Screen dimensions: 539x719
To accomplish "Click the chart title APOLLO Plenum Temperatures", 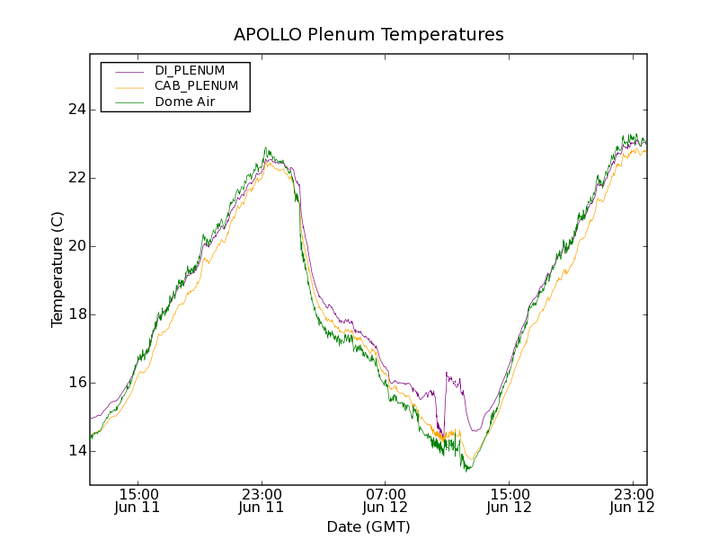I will (368, 35).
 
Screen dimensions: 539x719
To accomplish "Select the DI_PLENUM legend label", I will (190, 70).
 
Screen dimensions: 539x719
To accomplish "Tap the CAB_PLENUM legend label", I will (196, 86).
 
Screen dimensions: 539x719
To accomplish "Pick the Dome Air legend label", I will (185, 102).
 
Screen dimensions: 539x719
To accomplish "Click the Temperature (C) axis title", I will (58, 269).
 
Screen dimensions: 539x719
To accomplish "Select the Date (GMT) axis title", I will (368, 526).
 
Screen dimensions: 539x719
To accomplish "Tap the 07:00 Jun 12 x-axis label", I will (386, 500).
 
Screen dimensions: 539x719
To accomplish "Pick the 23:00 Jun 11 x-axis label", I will (262, 500).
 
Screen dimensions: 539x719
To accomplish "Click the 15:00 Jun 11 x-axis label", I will (138, 500).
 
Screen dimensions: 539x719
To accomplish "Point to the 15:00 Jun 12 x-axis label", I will (509, 500).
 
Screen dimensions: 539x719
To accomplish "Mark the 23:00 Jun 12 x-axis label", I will (632, 500).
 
